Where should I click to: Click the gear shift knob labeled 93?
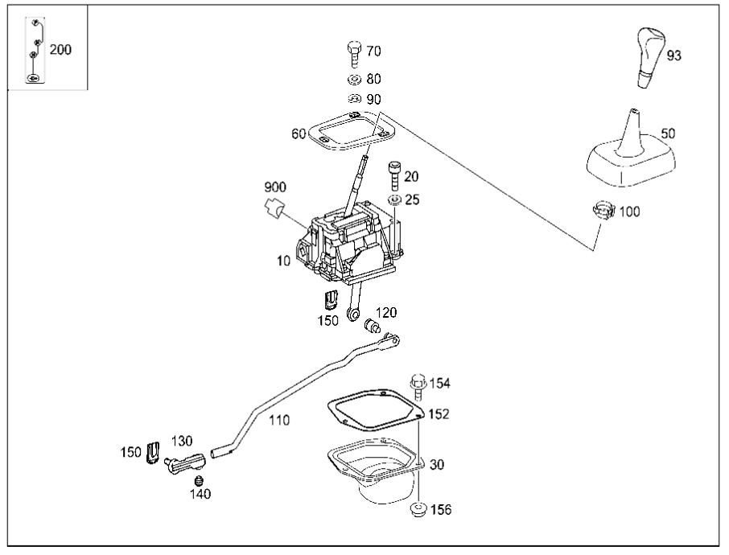coord(650,58)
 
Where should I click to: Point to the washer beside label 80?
coord(354,80)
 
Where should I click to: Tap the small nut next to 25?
coord(395,199)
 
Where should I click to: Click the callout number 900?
coord(275,187)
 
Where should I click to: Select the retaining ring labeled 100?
coord(604,210)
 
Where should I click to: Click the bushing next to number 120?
coord(373,326)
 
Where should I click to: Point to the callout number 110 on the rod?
coord(279,420)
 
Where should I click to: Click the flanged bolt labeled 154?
coord(418,387)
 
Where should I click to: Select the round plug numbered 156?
coord(419,509)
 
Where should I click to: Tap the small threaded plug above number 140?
coord(200,480)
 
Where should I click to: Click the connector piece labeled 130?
coord(185,463)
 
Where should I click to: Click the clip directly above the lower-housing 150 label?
coord(330,300)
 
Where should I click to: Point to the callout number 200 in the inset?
coord(60,50)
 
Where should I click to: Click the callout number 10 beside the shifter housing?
coord(283,261)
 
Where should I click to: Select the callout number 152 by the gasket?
coord(439,413)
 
